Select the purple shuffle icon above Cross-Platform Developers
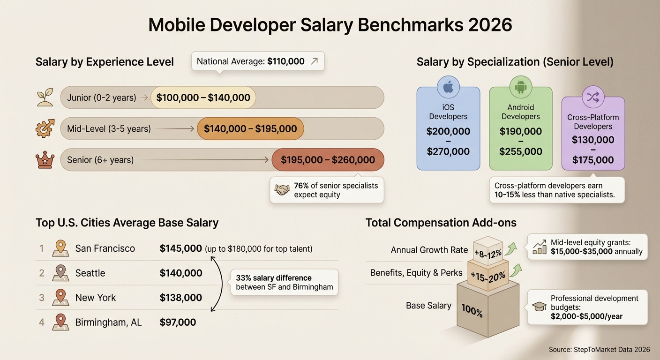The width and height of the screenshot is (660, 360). point(593,97)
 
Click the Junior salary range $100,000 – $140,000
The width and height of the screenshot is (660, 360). point(203,98)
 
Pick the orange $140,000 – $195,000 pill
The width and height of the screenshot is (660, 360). point(250,129)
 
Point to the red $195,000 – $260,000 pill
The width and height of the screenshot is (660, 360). point(328,160)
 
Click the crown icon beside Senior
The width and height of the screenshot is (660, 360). point(45,160)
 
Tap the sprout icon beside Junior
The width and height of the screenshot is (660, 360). point(45,97)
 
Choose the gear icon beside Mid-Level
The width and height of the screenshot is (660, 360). point(45,128)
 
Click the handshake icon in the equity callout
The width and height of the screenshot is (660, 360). point(282,190)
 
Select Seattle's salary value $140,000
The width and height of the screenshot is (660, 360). point(181,273)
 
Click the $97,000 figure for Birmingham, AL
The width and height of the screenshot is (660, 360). point(178,322)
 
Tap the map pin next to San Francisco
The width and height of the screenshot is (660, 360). point(60,248)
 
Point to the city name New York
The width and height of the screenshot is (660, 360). point(96,298)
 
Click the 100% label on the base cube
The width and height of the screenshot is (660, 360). point(472,310)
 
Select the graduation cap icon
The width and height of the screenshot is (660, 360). point(540,307)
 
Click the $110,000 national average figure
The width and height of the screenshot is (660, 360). point(286,61)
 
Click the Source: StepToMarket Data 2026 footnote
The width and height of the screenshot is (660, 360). point(599,350)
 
